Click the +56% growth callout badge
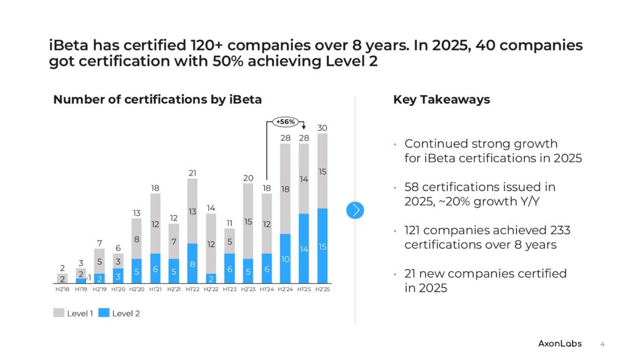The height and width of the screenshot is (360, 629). pos(285,122)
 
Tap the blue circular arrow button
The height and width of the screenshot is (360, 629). pos(355,210)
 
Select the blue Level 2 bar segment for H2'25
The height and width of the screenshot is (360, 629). pos(322,246)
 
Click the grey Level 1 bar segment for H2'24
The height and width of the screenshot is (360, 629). pos(285,189)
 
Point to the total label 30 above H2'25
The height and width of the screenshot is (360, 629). pos(322,128)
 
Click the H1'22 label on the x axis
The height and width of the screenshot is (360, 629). pos(192,289)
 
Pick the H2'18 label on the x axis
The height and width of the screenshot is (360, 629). pos(63,289)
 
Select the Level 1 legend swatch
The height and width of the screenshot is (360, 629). pos(59,313)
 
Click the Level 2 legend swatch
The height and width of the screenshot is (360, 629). pos(104,313)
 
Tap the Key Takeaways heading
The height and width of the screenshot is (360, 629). pos(441,100)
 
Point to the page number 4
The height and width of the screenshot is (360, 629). pos(603,343)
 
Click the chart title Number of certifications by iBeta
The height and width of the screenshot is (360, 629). pos(157,100)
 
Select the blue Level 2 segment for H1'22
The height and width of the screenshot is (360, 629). pos(192,264)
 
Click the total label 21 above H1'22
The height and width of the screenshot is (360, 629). pos(192,173)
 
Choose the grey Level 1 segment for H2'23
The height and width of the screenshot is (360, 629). pos(248,221)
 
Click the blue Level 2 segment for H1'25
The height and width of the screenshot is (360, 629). pos(303,248)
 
